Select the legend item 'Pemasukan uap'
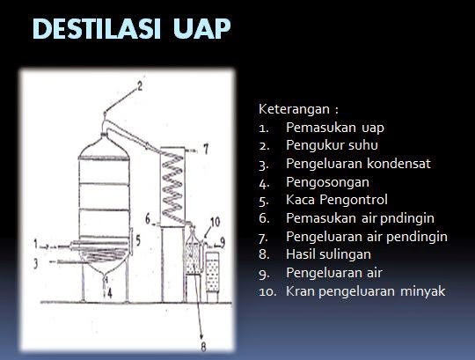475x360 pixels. pyautogui.click(x=322, y=128)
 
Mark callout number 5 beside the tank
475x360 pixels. pyautogui.click(x=138, y=238)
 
